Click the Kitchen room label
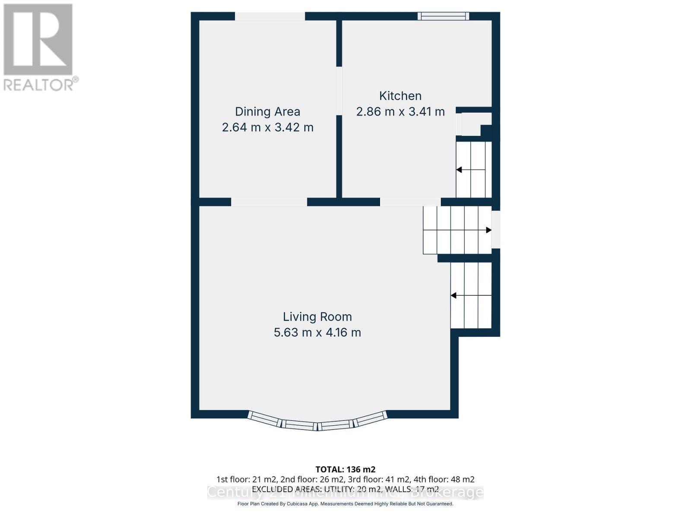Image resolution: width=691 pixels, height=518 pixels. [x=400, y=96]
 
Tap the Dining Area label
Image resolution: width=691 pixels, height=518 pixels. [x=267, y=112]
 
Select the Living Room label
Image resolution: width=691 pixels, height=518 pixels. [x=317, y=317]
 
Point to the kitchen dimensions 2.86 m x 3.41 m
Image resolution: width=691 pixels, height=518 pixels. [x=400, y=112]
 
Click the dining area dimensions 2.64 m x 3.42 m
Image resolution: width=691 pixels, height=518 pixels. [x=267, y=127]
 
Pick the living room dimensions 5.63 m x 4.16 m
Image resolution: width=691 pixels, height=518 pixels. [x=317, y=332]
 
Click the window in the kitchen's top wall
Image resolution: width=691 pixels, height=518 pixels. [x=443, y=16]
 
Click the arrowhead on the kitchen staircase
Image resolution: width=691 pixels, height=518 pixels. [x=459, y=170]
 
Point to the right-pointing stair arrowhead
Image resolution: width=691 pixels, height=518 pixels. [x=488, y=230]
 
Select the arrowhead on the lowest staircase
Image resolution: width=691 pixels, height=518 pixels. [x=454, y=296]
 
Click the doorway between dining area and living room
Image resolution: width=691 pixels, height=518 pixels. [x=269, y=202]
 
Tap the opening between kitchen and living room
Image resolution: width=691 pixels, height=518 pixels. [x=410, y=202]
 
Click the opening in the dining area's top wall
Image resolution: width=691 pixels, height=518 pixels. [x=270, y=16]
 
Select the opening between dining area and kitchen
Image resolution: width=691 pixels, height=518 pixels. [x=339, y=91]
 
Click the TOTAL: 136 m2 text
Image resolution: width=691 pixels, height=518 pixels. [x=345, y=469]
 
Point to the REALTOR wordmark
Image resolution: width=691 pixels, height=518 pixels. [x=40, y=85]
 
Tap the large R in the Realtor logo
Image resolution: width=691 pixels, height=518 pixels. [x=38, y=40]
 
